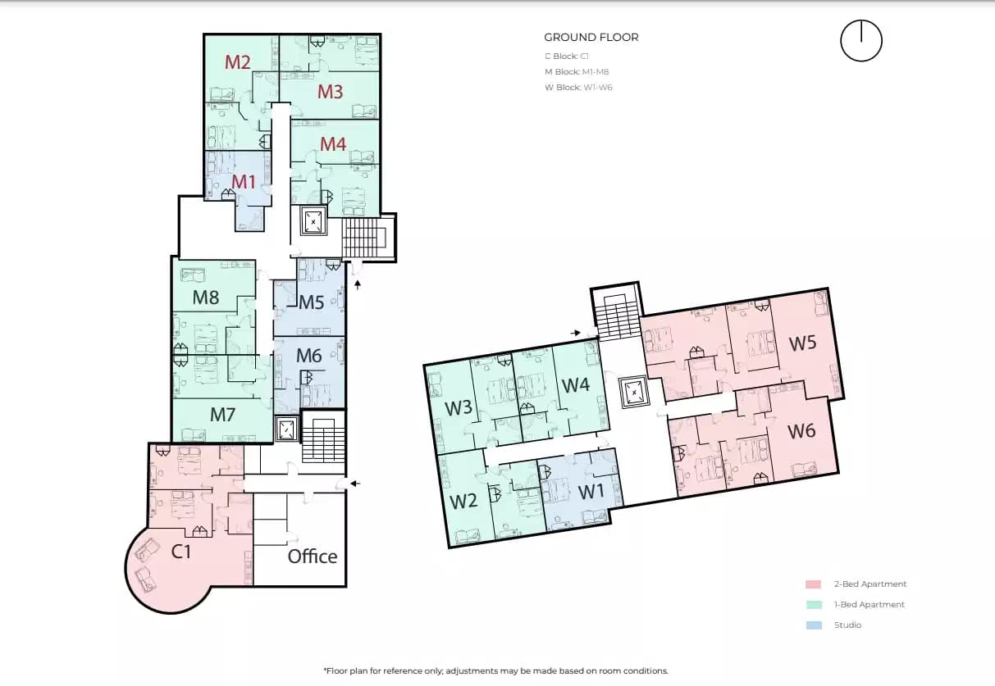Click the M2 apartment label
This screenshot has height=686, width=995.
point(237,61)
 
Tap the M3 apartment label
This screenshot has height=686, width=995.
point(330,92)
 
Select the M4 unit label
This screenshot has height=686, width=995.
point(332,144)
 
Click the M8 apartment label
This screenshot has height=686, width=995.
point(206,298)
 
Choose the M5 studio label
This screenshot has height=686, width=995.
point(311,302)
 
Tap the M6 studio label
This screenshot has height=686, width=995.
point(308,356)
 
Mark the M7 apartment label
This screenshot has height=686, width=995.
point(222,415)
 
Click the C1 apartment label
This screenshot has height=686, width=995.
point(181,552)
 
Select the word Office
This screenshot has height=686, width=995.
point(312,557)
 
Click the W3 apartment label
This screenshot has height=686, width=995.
point(458,407)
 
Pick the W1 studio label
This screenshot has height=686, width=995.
point(591,493)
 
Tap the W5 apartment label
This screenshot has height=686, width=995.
point(802,343)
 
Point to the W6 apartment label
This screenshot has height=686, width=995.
point(801,430)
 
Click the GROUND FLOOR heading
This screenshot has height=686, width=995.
point(591,37)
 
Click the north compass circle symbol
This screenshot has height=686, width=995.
point(860,41)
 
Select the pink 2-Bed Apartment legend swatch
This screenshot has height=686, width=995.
point(813,584)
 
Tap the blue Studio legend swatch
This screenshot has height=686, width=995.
point(813,625)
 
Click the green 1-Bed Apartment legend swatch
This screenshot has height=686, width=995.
point(813,605)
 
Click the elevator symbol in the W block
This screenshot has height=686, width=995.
point(634,392)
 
